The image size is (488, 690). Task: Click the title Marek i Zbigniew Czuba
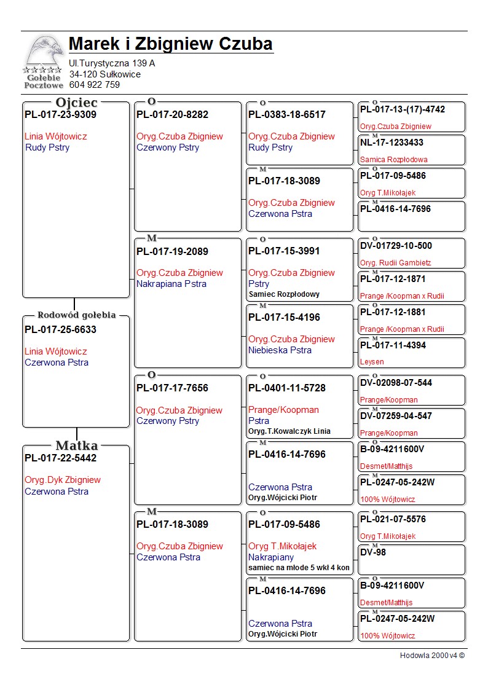pyautogui.click(x=171, y=44)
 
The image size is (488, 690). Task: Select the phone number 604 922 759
pyautogui.click(x=95, y=85)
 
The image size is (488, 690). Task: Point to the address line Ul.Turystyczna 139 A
pyautogui.click(x=112, y=63)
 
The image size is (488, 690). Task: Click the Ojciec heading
pyautogui.click(x=76, y=103)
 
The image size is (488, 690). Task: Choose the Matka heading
pyautogui.click(x=76, y=445)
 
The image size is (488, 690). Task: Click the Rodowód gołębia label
pyautogui.click(x=76, y=315)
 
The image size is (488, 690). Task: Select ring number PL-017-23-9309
pyautogui.click(x=60, y=114)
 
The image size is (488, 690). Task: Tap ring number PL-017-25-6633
pyautogui.click(x=60, y=329)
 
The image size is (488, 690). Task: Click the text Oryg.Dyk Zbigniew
pyautogui.click(x=63, y=480)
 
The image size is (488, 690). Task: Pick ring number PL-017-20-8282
pyautogui.click(x=172, y=114)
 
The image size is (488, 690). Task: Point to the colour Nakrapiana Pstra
pyautogui.click(x=171, y=284)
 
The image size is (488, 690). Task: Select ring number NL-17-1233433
pyautogui.click(x=392, y=143)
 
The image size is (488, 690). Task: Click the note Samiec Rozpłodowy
pyautogui.click(x=284, y=294)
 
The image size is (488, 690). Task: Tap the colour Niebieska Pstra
pyautogui.click(x=280, y=350)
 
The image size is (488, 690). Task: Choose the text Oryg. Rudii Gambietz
pyautogui.click(x=396, y=263)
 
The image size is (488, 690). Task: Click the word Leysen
pyautogui.click(x=372, y=362)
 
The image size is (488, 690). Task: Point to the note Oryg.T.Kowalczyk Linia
pyautogui.click(x=289, y=431)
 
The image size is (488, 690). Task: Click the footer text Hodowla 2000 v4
pyautogui.click(x=432, y=656)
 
